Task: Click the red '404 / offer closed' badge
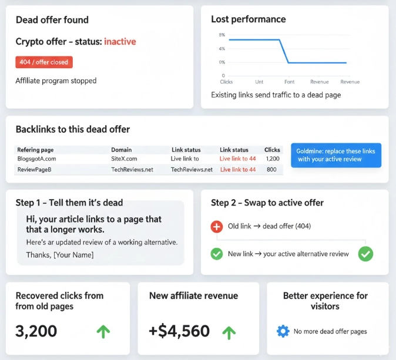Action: click(43, 62)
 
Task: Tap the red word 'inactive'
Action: click(120, 42)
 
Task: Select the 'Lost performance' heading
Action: click(249, 19)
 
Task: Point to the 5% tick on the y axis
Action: click(222, 35)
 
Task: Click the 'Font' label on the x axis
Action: click(289, 82)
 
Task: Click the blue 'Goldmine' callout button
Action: click(336, 156)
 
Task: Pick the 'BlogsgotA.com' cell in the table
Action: click(36, 159)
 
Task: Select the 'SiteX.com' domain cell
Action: click(124, 159)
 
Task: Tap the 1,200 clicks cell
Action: click(272, 159)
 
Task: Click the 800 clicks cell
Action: click(271, 170)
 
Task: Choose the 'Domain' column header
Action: click(122, 150)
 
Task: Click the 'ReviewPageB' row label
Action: click(34, 170)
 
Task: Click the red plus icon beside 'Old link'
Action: click(217, 226)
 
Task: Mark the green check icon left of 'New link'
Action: click(217, 254)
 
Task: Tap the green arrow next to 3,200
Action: click(103, 331)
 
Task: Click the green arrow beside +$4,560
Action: click(229, 332)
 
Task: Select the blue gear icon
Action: click(283, 331)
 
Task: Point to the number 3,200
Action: click(36, 331)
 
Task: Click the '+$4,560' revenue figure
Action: click(179, 331)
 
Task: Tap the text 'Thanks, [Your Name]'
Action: click(60, 255)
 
